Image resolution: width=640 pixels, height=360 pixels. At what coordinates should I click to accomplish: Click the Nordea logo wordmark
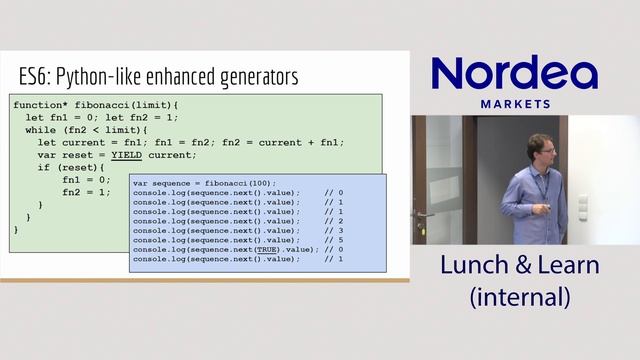(x=514, y=75)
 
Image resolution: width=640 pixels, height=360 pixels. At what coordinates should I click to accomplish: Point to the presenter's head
(x=540, y=149)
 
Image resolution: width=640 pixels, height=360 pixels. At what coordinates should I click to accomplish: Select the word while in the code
(x=41, y=129)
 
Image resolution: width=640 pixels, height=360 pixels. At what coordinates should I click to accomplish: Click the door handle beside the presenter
(x=423, y=215)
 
